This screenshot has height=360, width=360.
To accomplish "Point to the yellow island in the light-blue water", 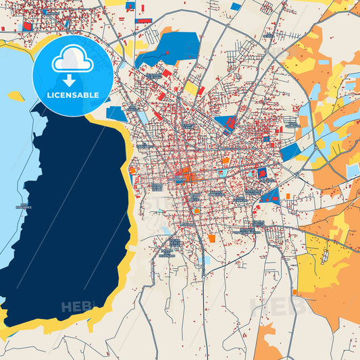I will point(16,97).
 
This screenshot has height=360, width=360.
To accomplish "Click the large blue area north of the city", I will point(169,51).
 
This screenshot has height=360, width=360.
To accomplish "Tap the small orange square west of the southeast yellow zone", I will point(288,196).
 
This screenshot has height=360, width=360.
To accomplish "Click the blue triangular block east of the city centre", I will point(271,197).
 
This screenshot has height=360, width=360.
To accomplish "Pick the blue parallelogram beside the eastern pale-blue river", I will point(290,152).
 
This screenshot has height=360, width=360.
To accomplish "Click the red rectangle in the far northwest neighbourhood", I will point(28,26).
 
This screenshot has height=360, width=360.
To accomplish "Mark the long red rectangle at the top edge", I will point(144,21).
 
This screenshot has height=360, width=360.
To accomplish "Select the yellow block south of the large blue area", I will point(191,88).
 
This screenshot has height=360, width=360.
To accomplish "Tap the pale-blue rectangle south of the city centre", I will point(205,259).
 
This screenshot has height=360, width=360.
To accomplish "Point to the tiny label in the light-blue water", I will point(25,205).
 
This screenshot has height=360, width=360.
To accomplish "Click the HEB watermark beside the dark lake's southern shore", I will point(76,307).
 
